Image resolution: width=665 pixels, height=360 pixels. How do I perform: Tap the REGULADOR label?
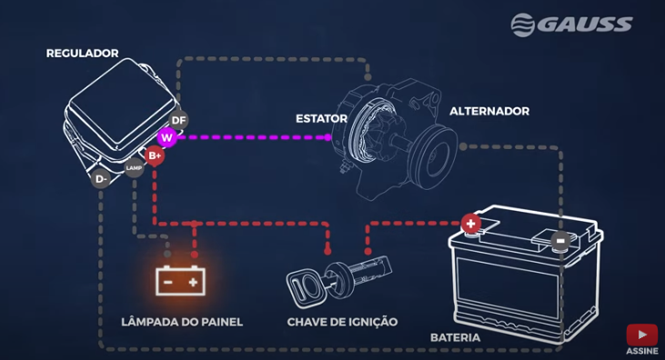pos(82,54)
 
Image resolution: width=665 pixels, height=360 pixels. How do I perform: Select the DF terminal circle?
pos(178,120)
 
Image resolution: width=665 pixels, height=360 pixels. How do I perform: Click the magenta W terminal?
pos(166,137)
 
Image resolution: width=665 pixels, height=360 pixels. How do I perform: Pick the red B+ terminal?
pos(155,155)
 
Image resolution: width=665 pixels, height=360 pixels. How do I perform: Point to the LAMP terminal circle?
pos(134,167)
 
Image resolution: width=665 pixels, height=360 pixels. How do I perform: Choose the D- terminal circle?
pos(102,179)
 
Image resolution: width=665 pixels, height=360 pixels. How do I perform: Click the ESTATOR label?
pos(321,118)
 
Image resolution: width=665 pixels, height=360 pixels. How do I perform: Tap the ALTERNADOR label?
pos(489,111)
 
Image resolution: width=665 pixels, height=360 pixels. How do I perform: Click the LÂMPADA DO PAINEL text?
pos(182,322)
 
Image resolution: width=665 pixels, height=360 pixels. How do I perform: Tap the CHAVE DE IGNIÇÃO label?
pos(342,322)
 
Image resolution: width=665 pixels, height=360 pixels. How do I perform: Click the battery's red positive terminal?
pos(470,222)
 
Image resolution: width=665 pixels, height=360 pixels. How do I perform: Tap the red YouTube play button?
pos(641,335)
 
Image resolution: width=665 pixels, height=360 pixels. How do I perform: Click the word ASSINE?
pos(641,352)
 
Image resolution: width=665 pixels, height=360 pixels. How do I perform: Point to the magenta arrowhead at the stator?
pos(327,138)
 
